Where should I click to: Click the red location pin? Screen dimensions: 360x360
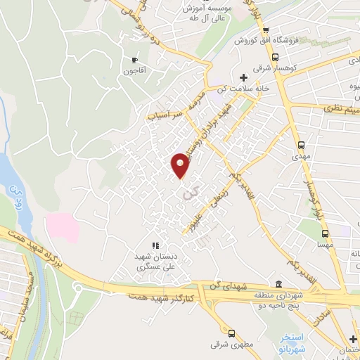[180, 165]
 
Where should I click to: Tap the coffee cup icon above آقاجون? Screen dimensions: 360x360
[135, 60]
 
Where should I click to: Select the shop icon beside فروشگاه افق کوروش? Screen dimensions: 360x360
[265, 30]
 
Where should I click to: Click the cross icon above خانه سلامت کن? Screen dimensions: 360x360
[243, 77]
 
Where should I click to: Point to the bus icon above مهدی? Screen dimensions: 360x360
[302, 146]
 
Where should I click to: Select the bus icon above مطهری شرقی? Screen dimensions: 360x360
[231, 333]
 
